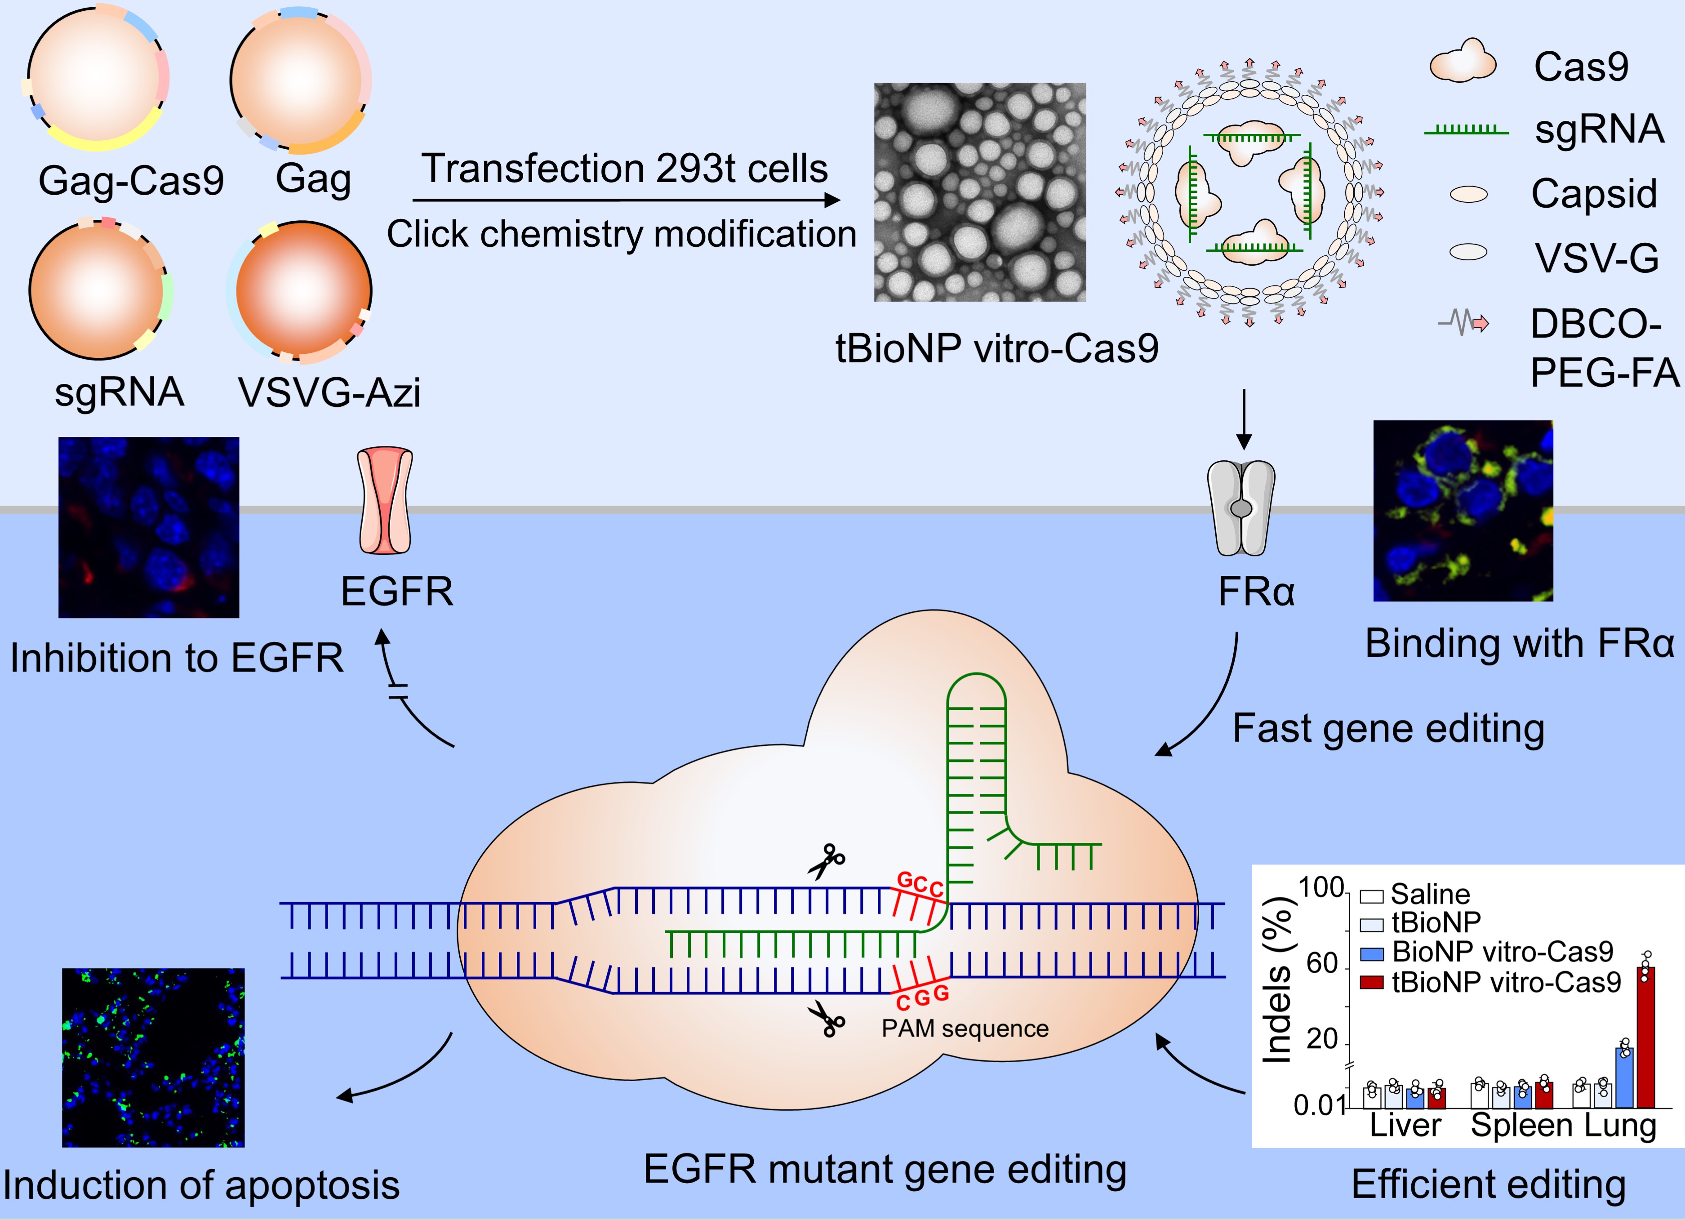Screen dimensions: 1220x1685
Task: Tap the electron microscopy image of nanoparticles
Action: coord(979,191)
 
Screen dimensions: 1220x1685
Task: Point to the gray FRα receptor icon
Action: coord(1241,508)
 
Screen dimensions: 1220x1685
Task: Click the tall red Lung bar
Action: coord(1645,1037)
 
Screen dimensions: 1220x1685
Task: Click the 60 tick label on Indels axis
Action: coord(1322,964)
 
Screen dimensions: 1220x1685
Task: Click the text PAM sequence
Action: coord(965,1029)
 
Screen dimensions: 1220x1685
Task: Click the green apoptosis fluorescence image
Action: coord(153,1057)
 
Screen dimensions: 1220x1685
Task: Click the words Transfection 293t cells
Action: coord(624,169)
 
